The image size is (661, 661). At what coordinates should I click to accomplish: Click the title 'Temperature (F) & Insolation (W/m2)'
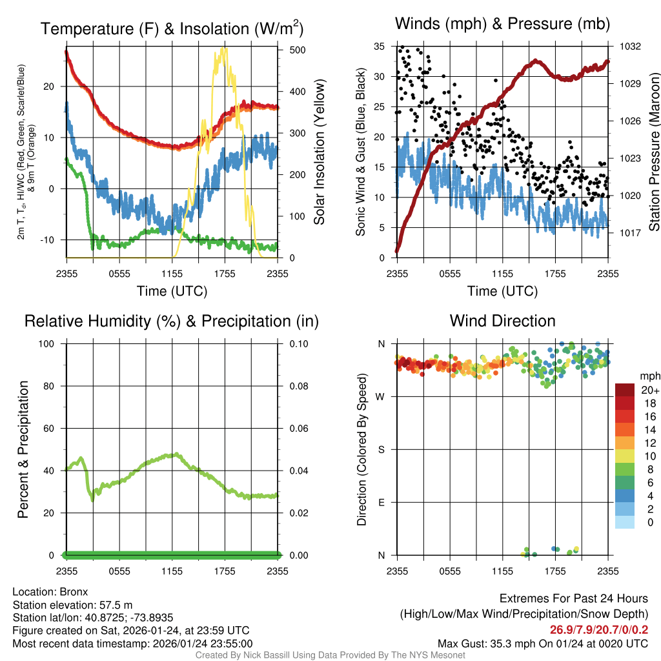(x=172, y=28)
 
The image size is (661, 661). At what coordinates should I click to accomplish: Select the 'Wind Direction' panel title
(x=502, y=321)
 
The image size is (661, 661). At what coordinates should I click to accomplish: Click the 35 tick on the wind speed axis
(x=380, y=46)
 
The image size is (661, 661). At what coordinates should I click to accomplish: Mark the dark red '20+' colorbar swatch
(x=625, y=390)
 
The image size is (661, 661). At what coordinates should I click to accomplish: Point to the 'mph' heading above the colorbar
(x=648, y=376)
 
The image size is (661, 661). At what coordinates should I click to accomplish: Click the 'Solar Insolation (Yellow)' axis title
(x=319, y=152)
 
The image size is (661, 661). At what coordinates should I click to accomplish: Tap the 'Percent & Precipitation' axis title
(x=24, y=449)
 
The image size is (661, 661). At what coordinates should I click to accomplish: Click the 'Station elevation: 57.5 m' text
(x=72, y=605)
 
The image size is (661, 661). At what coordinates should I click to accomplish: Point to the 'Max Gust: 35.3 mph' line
(x=543, y=643)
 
